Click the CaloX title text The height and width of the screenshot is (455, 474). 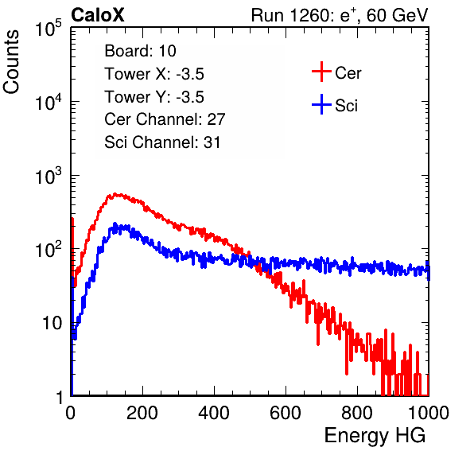pyautogui.click(x=98, y=15)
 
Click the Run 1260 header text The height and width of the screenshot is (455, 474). pyautogui.click(x=340, y=15)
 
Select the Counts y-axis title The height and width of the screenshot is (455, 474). pyautogui.click(x=11, y=62)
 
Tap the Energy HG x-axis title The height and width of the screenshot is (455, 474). pyautogui.click(x=375, y=436)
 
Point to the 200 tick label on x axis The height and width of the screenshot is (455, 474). pyautogui.click(x=142, y=413)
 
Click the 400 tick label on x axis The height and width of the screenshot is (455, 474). pyautogui.click(x=214, y=413)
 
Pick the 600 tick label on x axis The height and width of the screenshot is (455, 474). pyautogui.click(x=286, y=413)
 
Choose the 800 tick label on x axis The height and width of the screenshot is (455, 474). pyautogui.click(x=357, y=413)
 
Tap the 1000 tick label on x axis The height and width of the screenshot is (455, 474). pyautogui.click(x=429, y=413)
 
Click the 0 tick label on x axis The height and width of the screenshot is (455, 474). pyautogui.click(x=71, y=413)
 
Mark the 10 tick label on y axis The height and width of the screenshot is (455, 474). pyautogui.click(x=52, y=323)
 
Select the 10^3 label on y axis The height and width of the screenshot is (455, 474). pyautogui.click(x=49, y=176)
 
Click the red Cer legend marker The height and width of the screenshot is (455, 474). pyautogui.click(x=321, y=72)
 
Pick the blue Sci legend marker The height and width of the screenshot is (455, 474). pyautogui.click(x=321, y=104)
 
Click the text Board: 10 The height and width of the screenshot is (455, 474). pyautogui.click(x=140, y=51)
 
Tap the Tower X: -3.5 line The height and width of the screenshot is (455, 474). pyautogui.click(x=154, y=74)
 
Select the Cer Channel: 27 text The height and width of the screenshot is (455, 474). pyautogui.click(x=165, y=119)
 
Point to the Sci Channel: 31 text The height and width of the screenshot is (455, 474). pyautogui.click(x=162, y=142)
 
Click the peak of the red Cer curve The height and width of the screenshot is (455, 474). pyautogui.click(x=115, y=194)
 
